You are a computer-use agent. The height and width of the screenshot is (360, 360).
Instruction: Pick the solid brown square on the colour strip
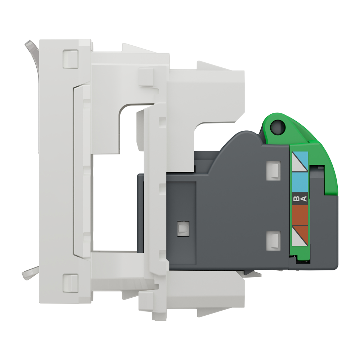(300, 215)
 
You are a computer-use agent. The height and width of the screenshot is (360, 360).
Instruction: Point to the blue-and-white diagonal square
(300, 161)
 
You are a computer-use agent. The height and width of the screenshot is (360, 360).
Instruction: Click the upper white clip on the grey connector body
(273, 171)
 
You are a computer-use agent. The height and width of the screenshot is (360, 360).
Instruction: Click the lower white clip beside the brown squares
(273, 240)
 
